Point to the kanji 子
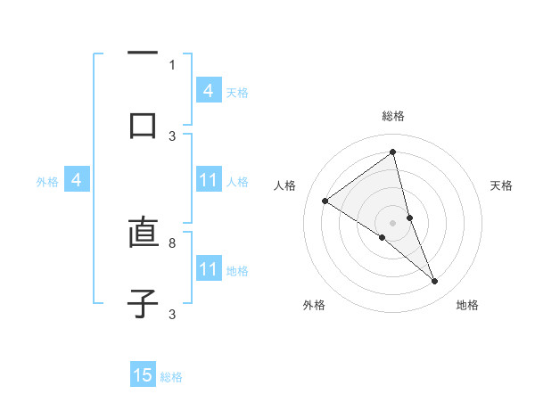click(143, 302)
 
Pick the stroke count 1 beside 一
click(172, 64)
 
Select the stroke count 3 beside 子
click(172, 314)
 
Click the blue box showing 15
click(143, 375)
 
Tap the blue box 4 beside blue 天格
click(209, 91)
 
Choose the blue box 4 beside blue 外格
click(77, 181)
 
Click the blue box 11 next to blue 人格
click(209, 181)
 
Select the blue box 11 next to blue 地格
click(209, 269)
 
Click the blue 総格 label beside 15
click(171, 377)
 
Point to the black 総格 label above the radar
click(393, 116)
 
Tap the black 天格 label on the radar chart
click(501, 185)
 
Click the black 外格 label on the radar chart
click(314, 306)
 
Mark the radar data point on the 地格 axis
click(435, 282)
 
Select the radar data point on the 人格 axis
click(325, 201)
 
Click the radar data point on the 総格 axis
click(393, 153)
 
